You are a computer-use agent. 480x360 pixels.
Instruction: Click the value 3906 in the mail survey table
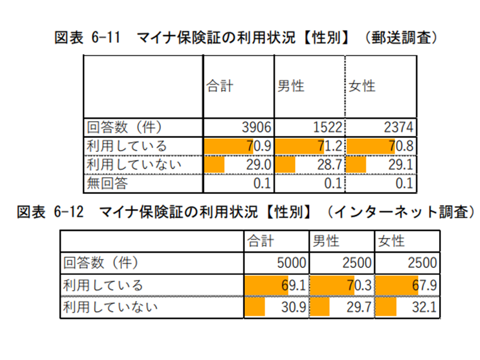[x=256, y=128]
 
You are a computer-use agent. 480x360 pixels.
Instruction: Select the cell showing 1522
[x=327, y=128]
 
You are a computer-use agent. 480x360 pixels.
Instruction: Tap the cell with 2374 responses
[x=398, y=128]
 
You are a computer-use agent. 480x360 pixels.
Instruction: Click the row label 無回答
[x=107, y=183]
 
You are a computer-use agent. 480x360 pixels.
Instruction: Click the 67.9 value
[x=425, y=285]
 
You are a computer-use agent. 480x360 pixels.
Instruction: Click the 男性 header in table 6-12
[x=326, y=241]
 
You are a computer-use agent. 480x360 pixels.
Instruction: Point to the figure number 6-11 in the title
[x=106, y=38]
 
